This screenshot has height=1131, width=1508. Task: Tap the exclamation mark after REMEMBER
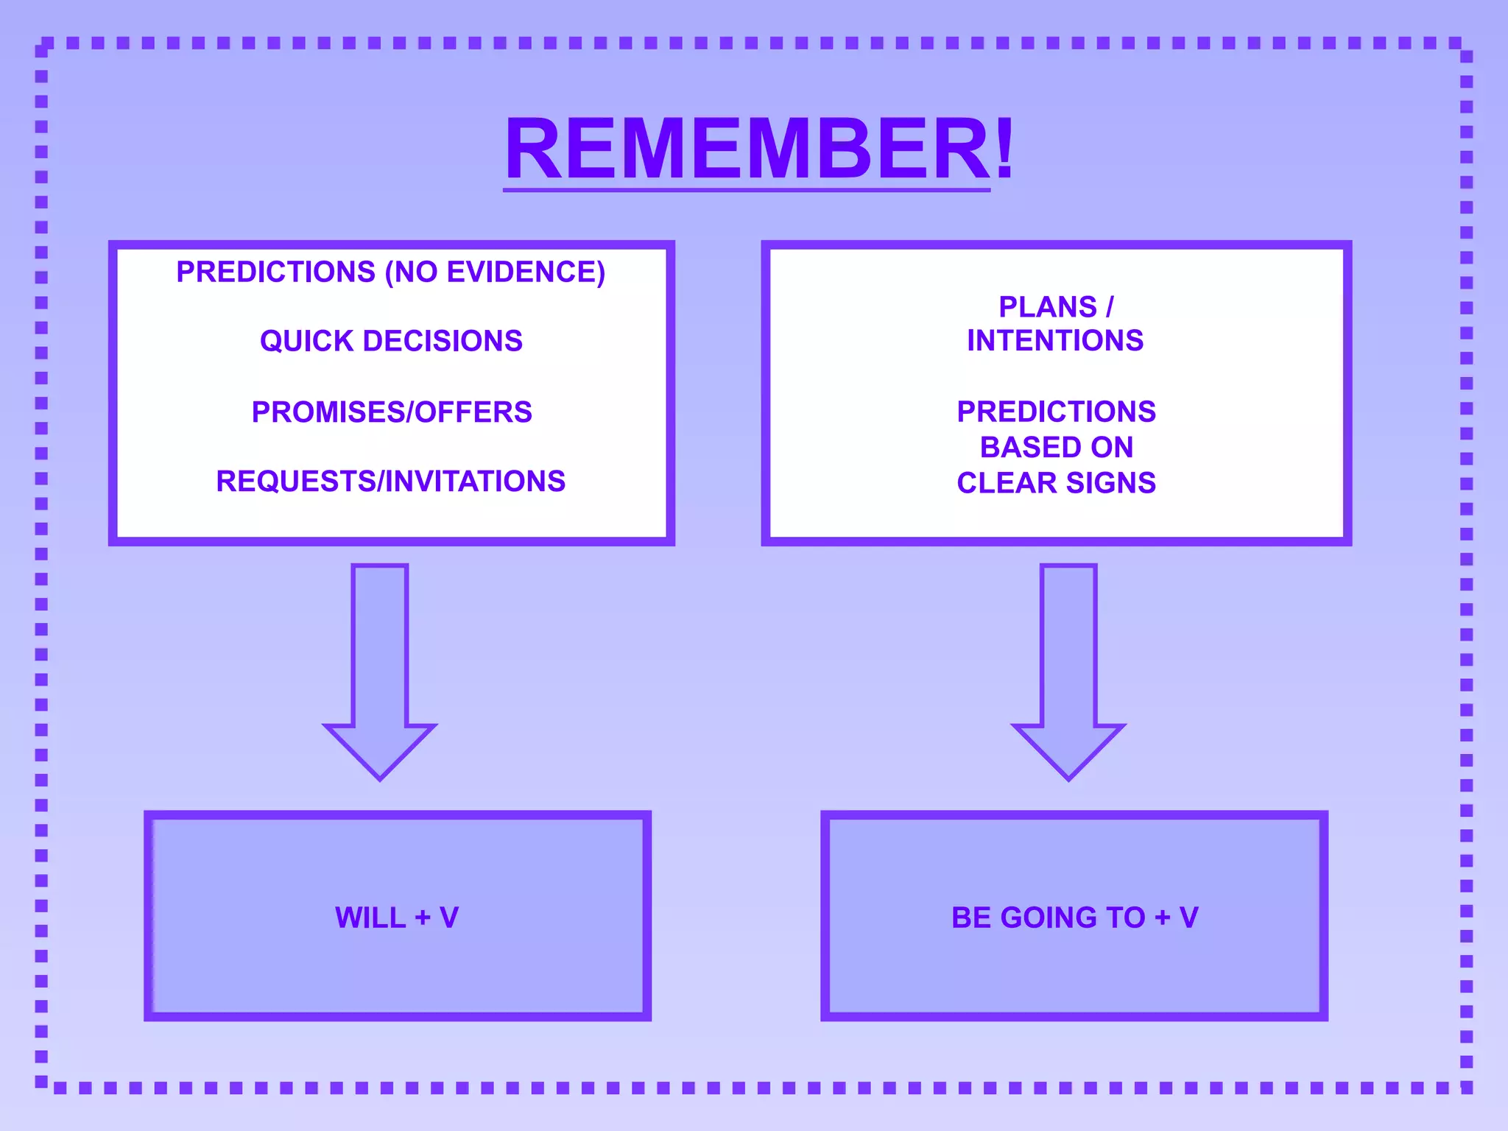(x=1004, y=149)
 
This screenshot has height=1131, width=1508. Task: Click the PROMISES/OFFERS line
(x=392, y=412)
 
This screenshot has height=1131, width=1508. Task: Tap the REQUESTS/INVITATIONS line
(x=391, y=482)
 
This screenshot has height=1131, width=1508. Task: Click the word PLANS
(x=1047, y=307)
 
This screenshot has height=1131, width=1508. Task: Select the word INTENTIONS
(x=1055, y=341)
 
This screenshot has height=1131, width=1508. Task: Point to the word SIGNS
(x=1111, y=483)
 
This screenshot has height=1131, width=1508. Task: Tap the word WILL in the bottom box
(x=370, y=918)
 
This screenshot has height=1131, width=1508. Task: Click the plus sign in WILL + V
(x=423, y=918)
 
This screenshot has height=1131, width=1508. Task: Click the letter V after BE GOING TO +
(x=1188, y=918)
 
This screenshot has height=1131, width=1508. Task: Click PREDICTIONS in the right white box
(x=1056, y=412)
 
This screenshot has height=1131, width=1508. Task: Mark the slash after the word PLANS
(x=1110, y=307)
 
